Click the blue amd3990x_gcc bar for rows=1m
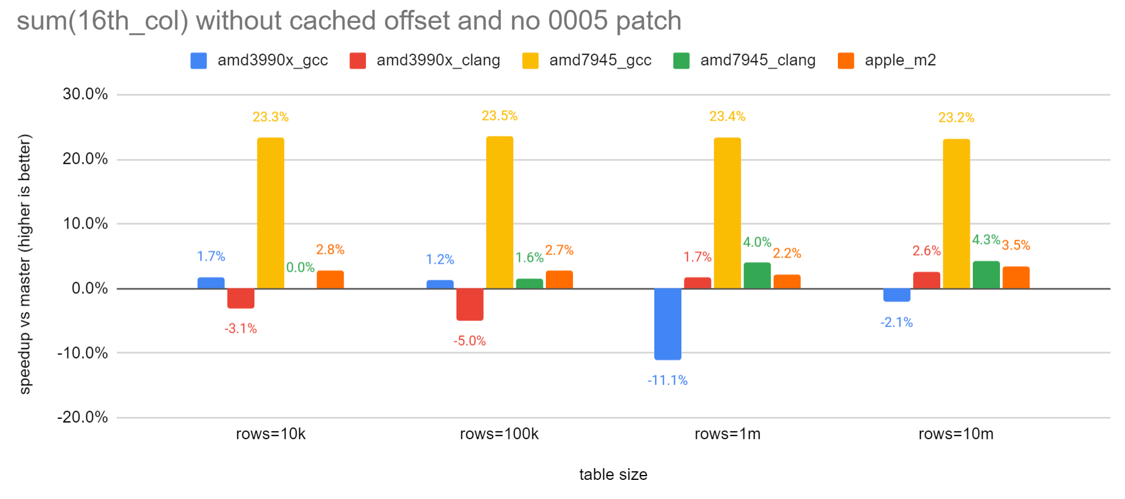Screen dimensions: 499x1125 click(668, 323)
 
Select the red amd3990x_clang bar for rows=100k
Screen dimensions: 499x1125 click(469, 304)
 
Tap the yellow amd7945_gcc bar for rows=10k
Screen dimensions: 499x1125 click(270, 213)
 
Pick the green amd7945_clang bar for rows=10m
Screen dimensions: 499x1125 click(986, 275)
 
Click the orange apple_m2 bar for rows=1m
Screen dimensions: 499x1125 click(787, 282)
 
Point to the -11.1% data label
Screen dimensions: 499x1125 click(667, 380)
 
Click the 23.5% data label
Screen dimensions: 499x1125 click(499, 116)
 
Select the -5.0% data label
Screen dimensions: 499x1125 click(469, 341)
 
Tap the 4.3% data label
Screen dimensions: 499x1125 click(986, 240)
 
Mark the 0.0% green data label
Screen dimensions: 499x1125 click(300, 267)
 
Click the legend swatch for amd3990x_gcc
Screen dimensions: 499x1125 click(198, 60)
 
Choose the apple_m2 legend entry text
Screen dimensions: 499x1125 click(900, 60)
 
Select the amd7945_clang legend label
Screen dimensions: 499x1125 click(758, 60)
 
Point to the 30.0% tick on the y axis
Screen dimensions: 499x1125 click(85, 94)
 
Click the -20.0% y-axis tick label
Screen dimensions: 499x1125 click(83, 417)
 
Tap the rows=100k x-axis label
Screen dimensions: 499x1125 click(499, 434)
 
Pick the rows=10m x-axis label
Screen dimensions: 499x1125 click(956, 434)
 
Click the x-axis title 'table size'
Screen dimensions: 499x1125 click(613, 474)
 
